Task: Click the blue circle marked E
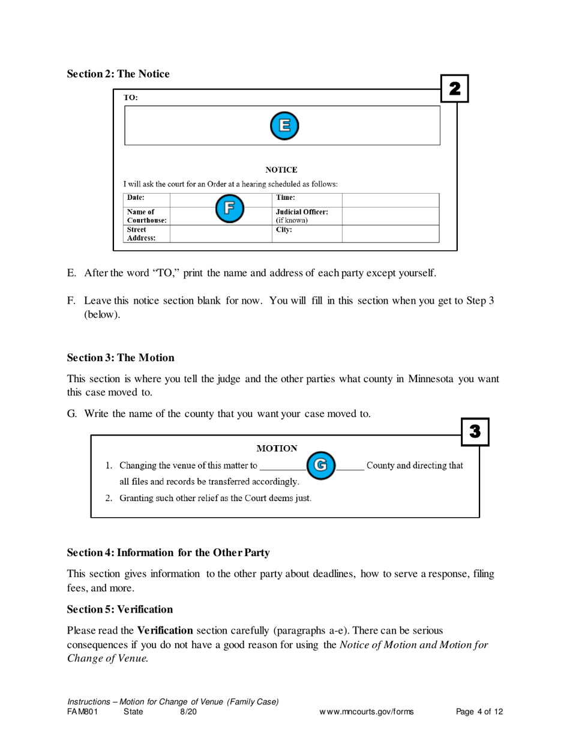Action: (x=284, y=125)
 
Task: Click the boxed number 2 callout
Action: (x=455, y=89)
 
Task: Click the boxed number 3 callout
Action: (x=475, y=431)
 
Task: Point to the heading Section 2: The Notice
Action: (x=118, y=74)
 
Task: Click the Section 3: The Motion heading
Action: (x=121, y=358)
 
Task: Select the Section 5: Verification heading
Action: (x=120, y=609)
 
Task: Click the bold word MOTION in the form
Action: (x=277, y=448)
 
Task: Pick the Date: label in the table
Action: (x=136, y=197)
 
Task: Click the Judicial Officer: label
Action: (x=301, y=212)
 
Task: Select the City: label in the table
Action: (x=283, y=229)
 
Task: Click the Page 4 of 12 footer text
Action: (x=479, y=712)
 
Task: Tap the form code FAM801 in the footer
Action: (x=82, y=712)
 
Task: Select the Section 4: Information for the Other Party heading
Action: (x=168, y=553)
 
